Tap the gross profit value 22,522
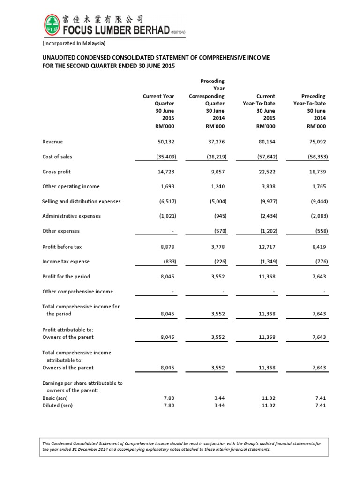point(265,172)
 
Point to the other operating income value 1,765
point(318,187)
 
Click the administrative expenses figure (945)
point(216,216)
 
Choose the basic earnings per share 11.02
point(266,398)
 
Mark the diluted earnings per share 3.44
point(218,406)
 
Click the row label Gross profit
point(56,172)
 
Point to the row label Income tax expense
point(66,262)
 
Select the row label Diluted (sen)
point(57,406)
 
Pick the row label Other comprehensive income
point(77,292)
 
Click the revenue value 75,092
point(317,142)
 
